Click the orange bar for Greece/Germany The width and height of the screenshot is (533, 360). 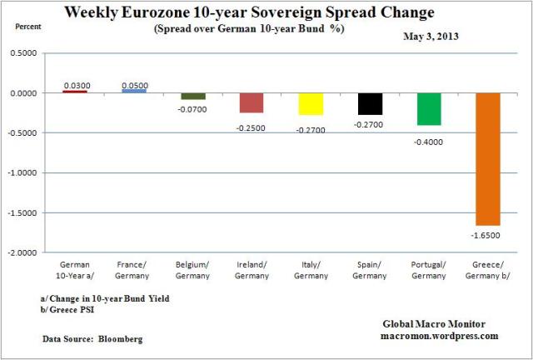pos(488,158)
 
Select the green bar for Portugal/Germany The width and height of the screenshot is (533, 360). pos(430,109)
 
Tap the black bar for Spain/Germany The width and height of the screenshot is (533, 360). pos(371,103)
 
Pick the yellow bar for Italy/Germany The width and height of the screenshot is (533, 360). pos(311,103)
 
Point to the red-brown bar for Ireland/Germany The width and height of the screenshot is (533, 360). pos(252,102)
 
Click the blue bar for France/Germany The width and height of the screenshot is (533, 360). pos(134,90)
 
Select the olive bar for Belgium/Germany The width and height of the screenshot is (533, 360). pos(193,96)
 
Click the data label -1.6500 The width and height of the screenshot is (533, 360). pos(488,236)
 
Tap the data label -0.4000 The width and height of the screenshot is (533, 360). pos(430,142)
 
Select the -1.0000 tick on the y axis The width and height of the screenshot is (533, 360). pos(29,172)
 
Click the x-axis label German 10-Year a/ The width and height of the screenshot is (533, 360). pos(75,270)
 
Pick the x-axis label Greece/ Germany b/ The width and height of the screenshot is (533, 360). pos(488,270)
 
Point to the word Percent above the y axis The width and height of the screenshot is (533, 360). pos(25,27)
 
